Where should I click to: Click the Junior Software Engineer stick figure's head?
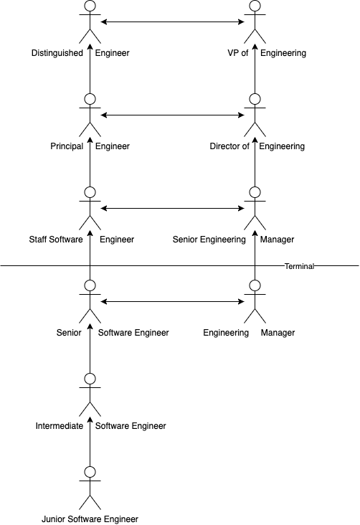tap(90, 472)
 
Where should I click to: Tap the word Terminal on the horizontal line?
tap(299, 266)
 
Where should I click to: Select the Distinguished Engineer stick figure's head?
tap(90, 5)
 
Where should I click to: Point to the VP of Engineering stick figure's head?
tap(255, 5)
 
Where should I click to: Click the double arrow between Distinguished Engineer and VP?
tap(172, 22)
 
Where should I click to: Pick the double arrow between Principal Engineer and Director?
tap(172, 115)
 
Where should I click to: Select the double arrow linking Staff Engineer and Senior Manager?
tap(172, 209)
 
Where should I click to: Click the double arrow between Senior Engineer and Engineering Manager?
tap(172, 302)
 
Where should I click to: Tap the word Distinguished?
tap(57, 53)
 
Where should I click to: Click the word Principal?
tap(67, 146)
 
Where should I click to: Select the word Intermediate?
tap(60, 426)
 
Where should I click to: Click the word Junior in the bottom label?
tap(51, 519)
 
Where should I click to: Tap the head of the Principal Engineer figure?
tap(90, 99)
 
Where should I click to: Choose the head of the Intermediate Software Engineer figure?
tap(90, 379)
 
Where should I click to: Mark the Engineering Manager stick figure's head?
tap(255, 285)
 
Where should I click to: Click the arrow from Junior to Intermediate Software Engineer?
tap(90, 442)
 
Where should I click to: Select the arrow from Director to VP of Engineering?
tap(255, 69)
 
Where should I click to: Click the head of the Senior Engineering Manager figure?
tap(255, 191)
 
